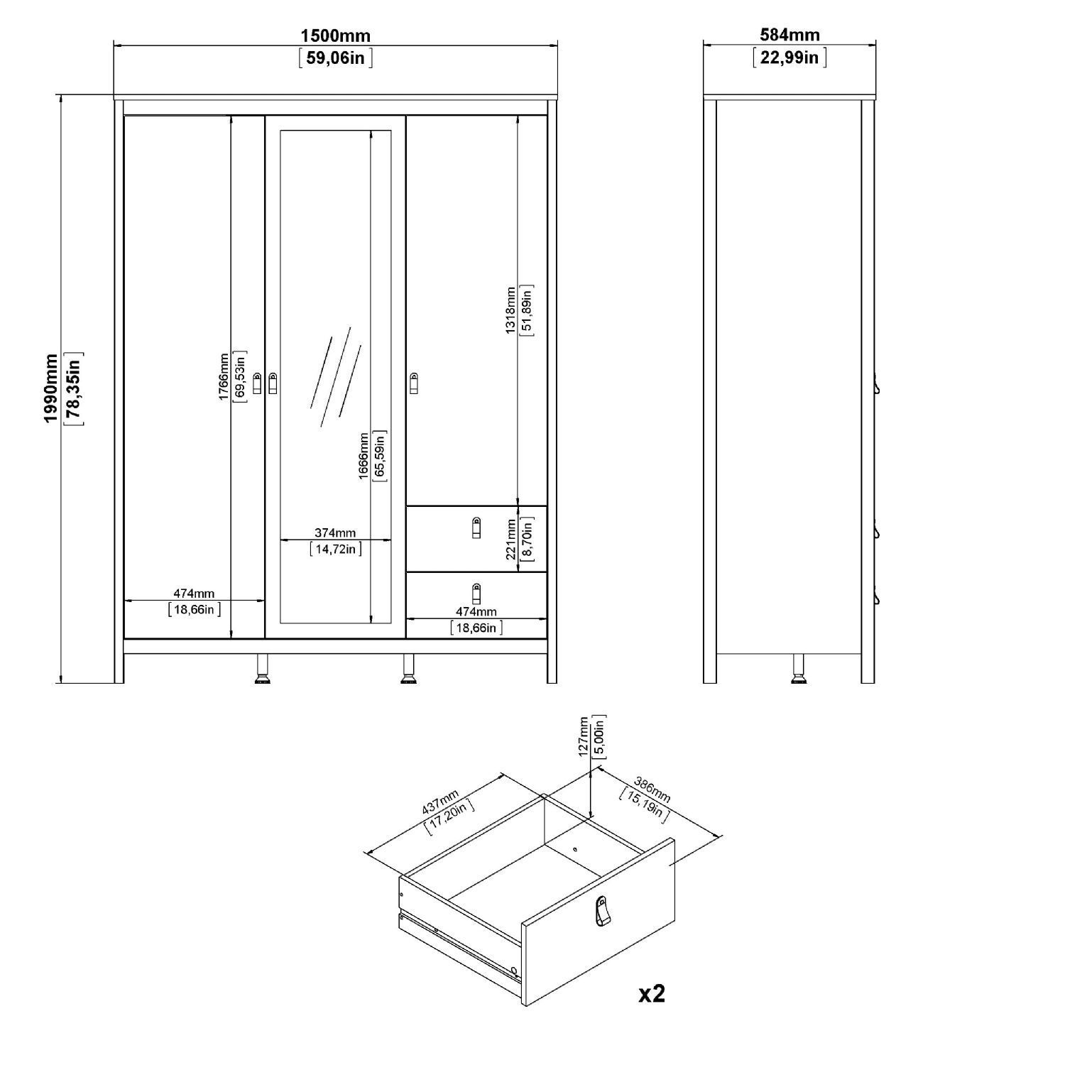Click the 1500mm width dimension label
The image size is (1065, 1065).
tap(335, 35)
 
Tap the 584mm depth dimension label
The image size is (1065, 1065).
tap(790, 35)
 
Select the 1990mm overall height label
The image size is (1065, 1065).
tap(51, 389)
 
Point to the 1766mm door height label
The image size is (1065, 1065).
tap(224, 376)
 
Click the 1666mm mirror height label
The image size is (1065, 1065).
tap(364, 456)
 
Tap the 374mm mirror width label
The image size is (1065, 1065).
tap(335, 532)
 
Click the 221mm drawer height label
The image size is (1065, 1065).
tap(511, 539)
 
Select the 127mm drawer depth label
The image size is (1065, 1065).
tap(584, 736)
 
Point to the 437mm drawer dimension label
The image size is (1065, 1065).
tap(441, 802)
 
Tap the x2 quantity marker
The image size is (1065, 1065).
tap(652, 993)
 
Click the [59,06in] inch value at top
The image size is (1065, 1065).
tap(336, 58)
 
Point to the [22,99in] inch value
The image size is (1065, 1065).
tap(790, 57)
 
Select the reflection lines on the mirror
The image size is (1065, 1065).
tap(336, 376)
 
